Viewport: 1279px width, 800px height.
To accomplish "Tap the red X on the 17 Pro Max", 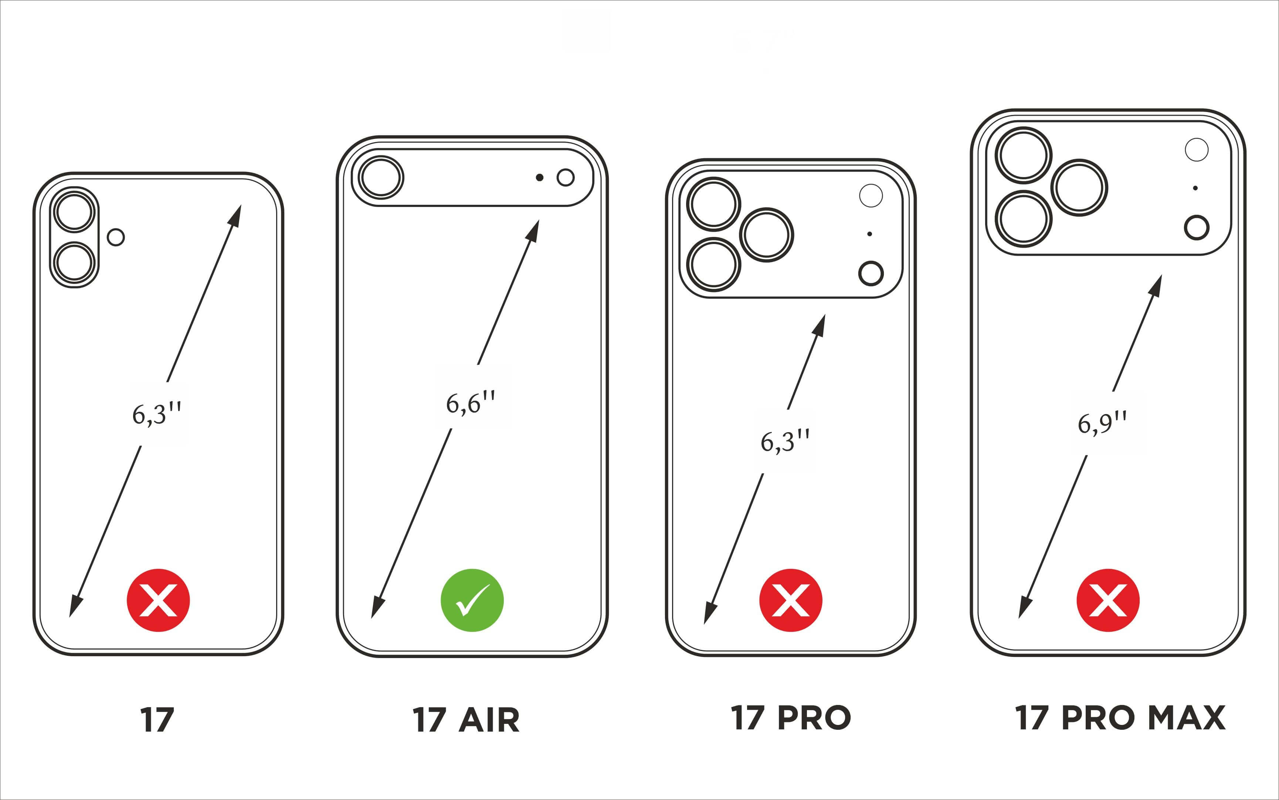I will point(1107,600).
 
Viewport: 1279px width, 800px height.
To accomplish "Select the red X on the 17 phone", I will point(158,600).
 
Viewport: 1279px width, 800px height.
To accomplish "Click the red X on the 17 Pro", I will point(790,600).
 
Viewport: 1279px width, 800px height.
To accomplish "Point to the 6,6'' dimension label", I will point(470,403).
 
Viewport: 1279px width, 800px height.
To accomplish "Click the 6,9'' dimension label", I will point(1102,423).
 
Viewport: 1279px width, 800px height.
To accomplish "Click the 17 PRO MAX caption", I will point(1120,718).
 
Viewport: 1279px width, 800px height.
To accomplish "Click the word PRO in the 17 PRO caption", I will point(814,718).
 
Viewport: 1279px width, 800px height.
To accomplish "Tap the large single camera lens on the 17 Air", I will point(381,177).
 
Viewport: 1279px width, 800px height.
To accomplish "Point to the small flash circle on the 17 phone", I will point(116,237).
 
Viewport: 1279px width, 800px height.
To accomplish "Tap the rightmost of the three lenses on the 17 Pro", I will point(766,235).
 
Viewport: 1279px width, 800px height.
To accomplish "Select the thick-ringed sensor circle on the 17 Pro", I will point(871,274).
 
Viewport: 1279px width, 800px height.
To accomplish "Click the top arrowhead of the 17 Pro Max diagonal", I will point(1156,285).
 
